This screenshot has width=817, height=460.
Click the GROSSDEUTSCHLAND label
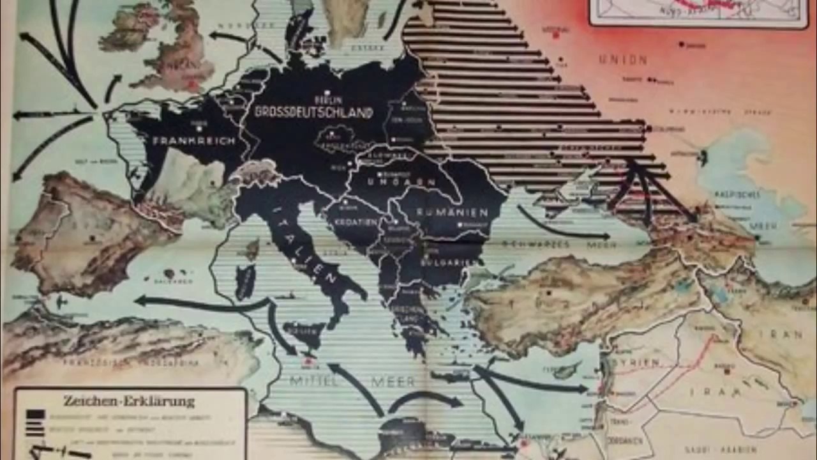tap(313, 112)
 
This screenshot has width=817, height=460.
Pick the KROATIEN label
tap(352, 222)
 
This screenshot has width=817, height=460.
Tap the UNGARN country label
tap(388, 181)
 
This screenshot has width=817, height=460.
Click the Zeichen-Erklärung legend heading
tap(128, 401)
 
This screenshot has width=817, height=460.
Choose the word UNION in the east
tap(623, 60)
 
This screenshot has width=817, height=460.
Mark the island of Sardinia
tap(245, 281)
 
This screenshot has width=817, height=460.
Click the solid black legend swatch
tap(36, 415)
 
